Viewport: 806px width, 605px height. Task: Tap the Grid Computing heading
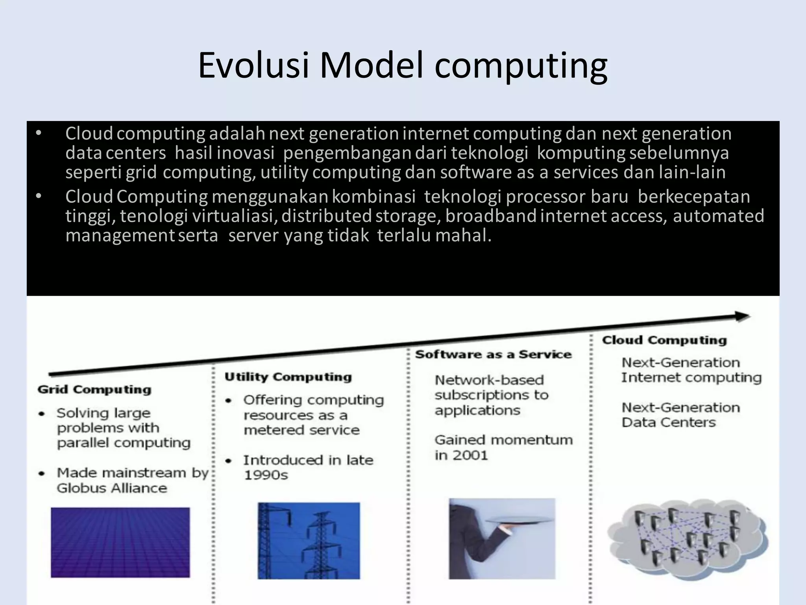pyautogui.click(x=94, y=390)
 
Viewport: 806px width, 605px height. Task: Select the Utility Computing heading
pyautogui.click(x=288, y=377)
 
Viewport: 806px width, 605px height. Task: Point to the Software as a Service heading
pyautogui.click(x=494, y=354)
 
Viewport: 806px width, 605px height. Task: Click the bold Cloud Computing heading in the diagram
pyautogui.click(x=664, y=340)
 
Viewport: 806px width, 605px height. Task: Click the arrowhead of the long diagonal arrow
pyautogui.click(x=742, y=316)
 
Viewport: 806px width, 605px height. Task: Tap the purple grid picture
pyautogui.click(x=120, y=542)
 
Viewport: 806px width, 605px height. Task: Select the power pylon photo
pyautogui.click(x=309, y=540)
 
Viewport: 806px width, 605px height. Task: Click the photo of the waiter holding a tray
pyautogui.click(x=502, y=538)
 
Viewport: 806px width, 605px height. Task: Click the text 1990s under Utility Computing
pyautogui.click(x=266, y=475)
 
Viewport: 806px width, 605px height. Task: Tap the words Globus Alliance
pyautogui.click(x=112, y=488)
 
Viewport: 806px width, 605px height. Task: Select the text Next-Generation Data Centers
pyautogui.click(x=680, y=415)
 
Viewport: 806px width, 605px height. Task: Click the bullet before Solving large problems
pyautogui.click(x=41, y=414)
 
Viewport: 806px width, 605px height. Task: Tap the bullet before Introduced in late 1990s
pyautogui.click(x=228, y=461)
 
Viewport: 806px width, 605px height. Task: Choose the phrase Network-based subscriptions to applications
pyautogui.click(x=491, y=395)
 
